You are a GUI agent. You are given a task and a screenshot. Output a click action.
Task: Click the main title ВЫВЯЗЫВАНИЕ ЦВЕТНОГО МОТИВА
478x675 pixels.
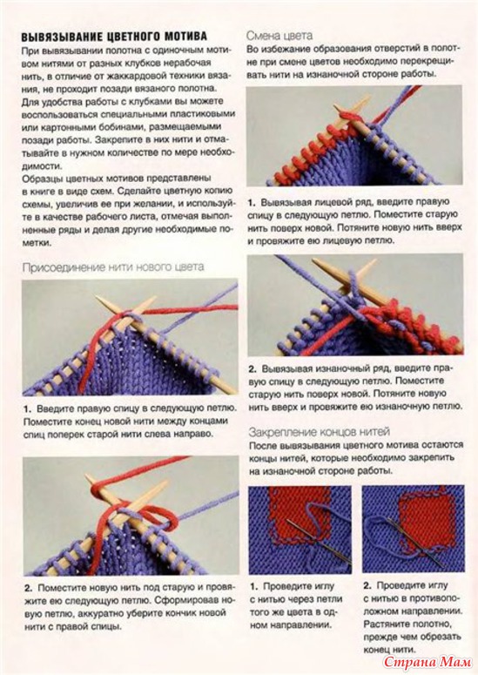click(114, 37)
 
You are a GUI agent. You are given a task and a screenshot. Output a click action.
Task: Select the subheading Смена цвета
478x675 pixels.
click(279, 36)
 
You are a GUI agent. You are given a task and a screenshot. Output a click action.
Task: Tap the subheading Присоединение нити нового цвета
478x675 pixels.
click(113, 267)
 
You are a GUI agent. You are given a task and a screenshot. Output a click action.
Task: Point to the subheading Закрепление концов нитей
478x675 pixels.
click(320, 432)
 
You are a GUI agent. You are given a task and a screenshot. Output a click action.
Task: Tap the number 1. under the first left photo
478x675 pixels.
click(28, 408)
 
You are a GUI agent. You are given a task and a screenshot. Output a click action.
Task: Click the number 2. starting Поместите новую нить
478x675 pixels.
click(29, 588)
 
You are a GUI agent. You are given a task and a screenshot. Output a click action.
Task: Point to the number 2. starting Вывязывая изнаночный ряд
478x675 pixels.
click(252, 369)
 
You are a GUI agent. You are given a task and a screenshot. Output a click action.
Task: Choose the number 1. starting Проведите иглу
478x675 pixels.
click(254, 586)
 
